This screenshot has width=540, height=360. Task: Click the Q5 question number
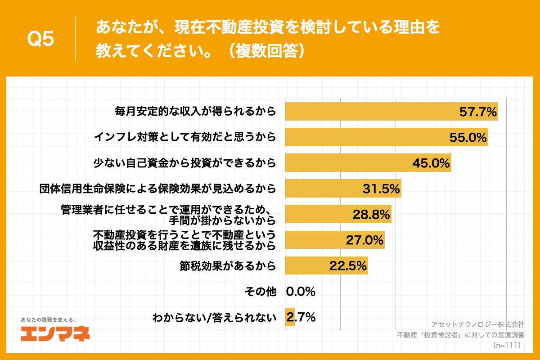point(40,39)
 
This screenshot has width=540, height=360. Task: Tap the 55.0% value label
point(468,137)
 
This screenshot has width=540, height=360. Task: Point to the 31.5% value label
point(381,189)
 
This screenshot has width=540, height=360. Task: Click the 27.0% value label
point(364,240)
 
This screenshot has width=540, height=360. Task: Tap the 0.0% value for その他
point(301,292)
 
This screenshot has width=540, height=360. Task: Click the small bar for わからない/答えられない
point(290,317)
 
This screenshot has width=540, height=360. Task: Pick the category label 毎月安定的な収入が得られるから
point(194,111)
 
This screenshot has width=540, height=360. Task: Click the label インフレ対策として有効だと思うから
point(184,137)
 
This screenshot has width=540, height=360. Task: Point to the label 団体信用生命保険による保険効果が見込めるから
point(158,189)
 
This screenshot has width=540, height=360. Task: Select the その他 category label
point(260,292)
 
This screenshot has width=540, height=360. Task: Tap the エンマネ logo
point(55,333)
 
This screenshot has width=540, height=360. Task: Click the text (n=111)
point(507,345)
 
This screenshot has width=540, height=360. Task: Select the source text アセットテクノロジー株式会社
point(477,324)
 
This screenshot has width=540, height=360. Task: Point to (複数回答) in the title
point(268,50)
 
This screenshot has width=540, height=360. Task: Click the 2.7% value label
point(301,317)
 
